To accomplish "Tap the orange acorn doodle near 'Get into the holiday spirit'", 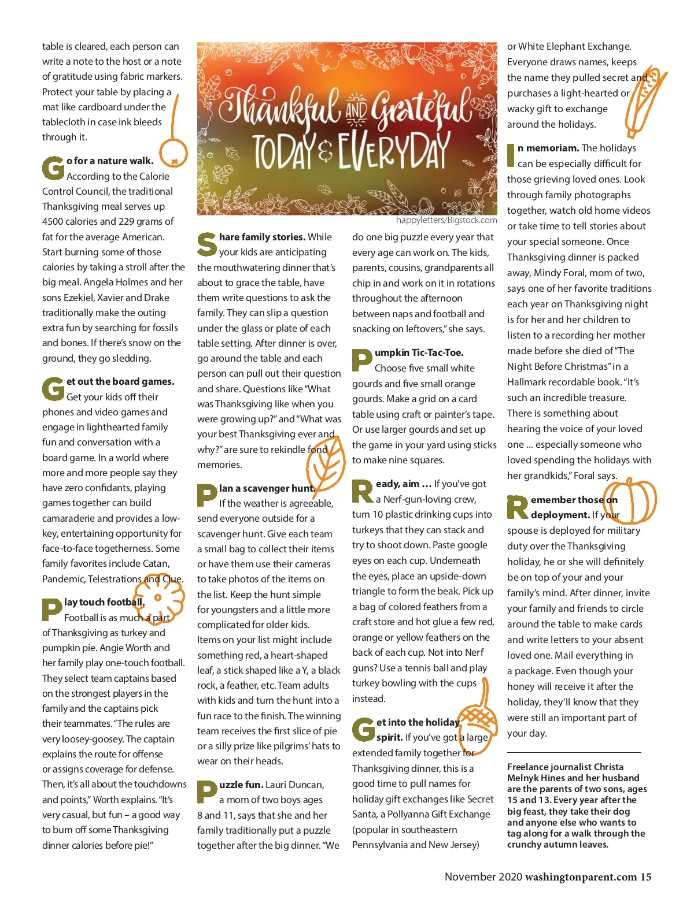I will (x=478, y=722).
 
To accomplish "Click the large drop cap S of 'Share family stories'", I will (x=206, y=244).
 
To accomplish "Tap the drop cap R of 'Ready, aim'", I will (x=363, y=491).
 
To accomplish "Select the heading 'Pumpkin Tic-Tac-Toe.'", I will (x=419, y=352).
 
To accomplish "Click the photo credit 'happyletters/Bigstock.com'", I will (x=446, y=220).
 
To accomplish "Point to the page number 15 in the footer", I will (x=645, y=877).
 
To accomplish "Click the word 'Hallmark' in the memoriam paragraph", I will (x=529, y=382).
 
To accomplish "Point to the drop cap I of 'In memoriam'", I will (x=511, y=155).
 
